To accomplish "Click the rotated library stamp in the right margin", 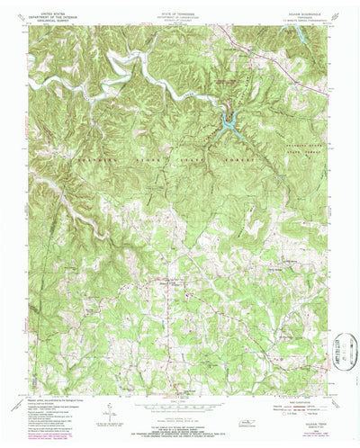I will (341, 349).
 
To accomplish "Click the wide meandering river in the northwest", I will (126, 67).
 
